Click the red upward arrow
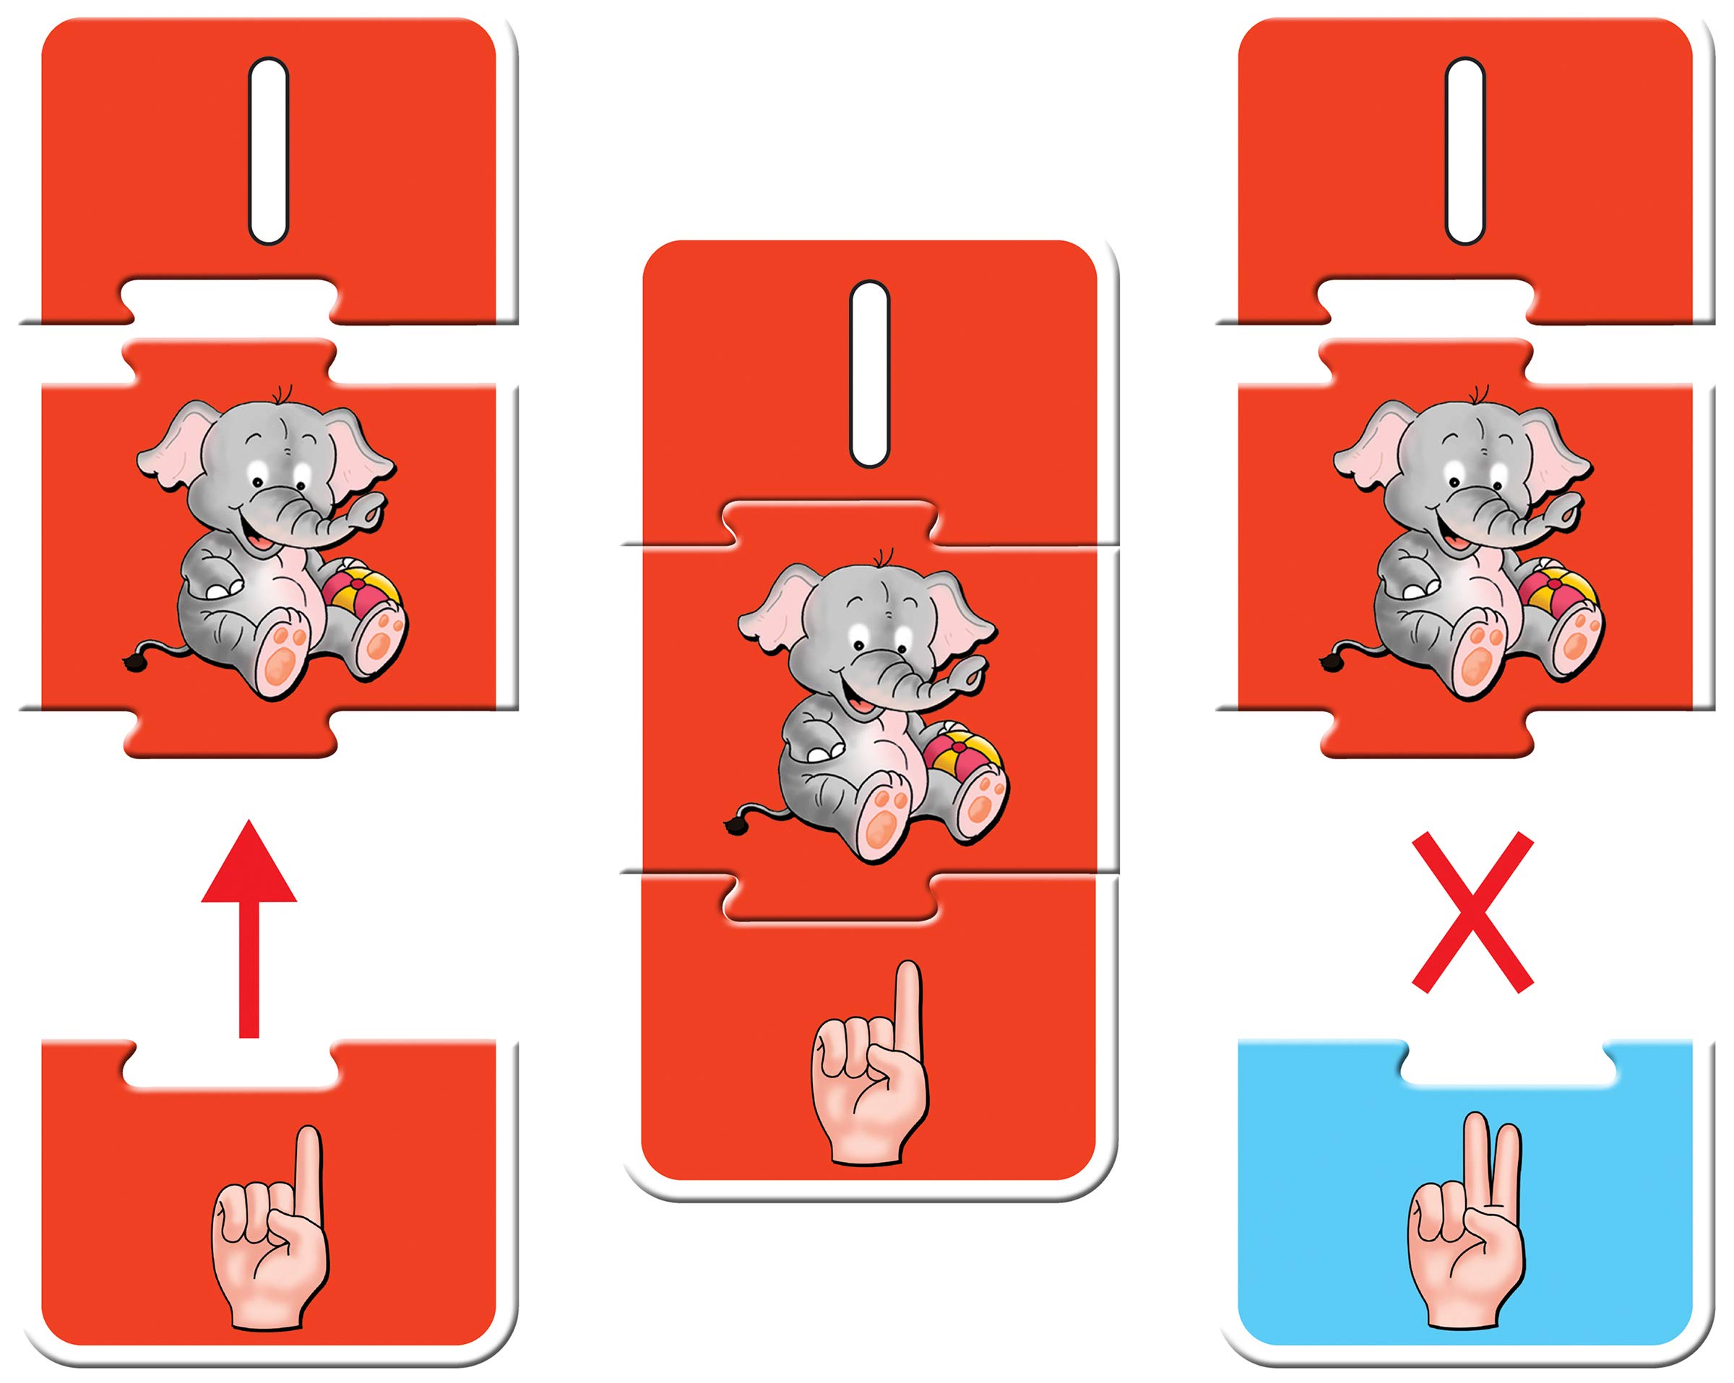click(x=249, y=929)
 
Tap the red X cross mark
click(x=1472, y=913)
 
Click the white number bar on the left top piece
click(x=268, y=150)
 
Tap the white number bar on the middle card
click(x=869, y=374)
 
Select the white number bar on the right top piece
click(x=1465, y=150)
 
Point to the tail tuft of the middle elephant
click(x=733, y=823)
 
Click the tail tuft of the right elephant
click(x=1329, y=662)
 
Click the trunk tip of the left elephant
click(x=372, y=511)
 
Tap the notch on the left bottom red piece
click(x=230, y=1065)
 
